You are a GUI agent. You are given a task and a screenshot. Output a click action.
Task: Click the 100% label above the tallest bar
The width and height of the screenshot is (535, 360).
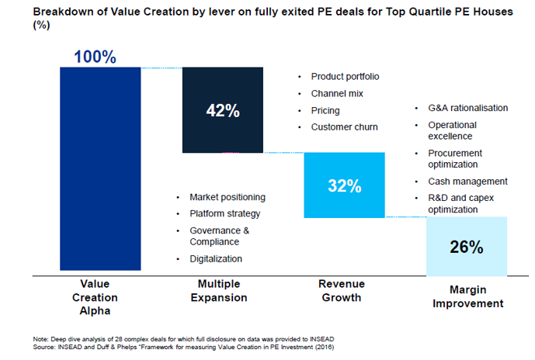pos(95,57)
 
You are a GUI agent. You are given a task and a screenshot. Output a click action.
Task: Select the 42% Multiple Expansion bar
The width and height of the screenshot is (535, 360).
pos(222,110)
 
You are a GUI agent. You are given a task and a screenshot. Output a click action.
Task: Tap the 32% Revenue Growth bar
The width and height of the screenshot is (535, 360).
pos(344,185)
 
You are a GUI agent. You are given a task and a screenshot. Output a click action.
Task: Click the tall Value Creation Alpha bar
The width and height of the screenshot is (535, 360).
pos(100,168)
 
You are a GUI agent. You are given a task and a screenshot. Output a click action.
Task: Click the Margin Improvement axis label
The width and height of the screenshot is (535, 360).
pos(467,296)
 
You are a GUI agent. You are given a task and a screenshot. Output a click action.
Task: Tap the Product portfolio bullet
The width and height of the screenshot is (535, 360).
pos(345,76)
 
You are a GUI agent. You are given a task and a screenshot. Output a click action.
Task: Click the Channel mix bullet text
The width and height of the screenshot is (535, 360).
pos(337,93)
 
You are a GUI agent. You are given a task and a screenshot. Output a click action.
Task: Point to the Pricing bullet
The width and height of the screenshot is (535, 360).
pos(325,110)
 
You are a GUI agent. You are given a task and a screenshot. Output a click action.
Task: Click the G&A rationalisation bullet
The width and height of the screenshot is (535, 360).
pos(467,108)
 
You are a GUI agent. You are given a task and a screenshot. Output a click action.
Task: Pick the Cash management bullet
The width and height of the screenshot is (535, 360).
pos(467,182)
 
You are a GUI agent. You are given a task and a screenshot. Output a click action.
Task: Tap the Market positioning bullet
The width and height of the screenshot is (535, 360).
pos(227,197)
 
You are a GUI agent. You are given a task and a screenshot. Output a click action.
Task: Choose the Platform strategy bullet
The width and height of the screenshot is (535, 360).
pos(224,213)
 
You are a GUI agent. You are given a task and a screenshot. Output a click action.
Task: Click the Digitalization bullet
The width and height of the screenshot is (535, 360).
pos(216,258)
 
